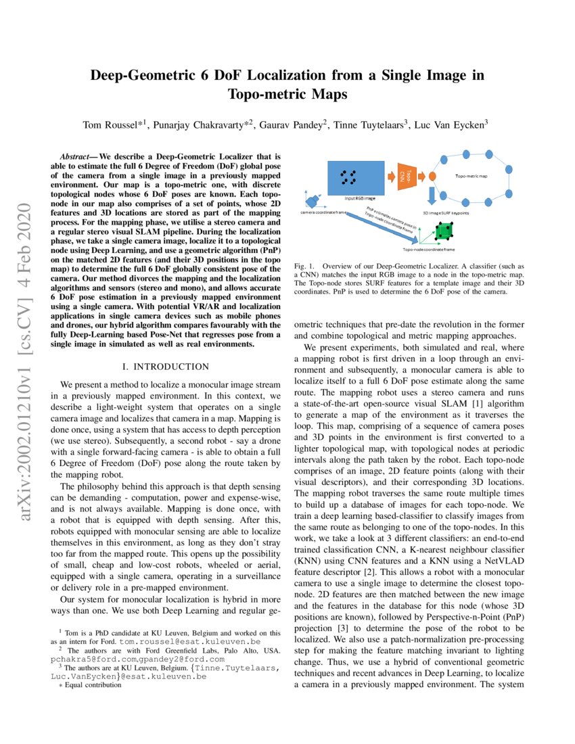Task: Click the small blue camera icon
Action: pos(312,200)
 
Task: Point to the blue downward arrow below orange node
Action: pos(432,195)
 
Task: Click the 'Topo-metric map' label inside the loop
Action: pos(471,176)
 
